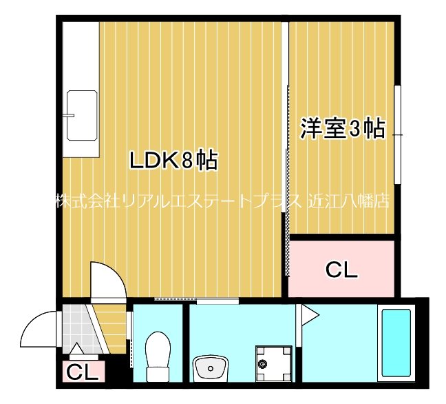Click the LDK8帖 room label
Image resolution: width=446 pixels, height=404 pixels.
pyautogui.click(x=173, y=161)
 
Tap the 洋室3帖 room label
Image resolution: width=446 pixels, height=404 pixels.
pyautogui.click(x=343, y=128)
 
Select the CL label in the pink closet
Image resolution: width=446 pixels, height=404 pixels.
pyautogui.click(x=341, y=270)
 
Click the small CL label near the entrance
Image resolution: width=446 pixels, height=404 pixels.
pyautogui.click(x=82, y=372)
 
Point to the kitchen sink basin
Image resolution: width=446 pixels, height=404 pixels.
pyautogui.click(x=81, y=115)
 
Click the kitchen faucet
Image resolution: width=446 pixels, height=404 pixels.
pyautogui.click(x=69, y=115)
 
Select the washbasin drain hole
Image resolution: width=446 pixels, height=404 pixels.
pyautogui.click(x=210, y=369)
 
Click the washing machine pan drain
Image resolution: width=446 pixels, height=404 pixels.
pyautogui.click(x=262, y=363)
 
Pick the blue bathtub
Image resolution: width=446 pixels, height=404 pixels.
pyautogui.click(x=396, y=343)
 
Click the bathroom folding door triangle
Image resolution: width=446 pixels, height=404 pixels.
pyautogui.click(x=310, y=315)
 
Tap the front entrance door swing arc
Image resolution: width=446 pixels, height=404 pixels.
pyautogui.click(x=39, y=328)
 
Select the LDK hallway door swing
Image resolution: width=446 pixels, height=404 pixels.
pyautogui.click(x=108, y=280)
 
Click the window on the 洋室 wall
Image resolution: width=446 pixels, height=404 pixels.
pyautogui.click(x=397, y=134)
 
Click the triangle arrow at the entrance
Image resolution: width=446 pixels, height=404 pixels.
pyautogui.click(x=76, y=348)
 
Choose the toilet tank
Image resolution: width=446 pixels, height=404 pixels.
pyautogui.click(x=158, y=374)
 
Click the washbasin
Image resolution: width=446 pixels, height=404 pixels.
pyautogui.click(x=211, y=368)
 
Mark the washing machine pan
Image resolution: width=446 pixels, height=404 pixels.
pyautogui.click(x=273, y=363)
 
